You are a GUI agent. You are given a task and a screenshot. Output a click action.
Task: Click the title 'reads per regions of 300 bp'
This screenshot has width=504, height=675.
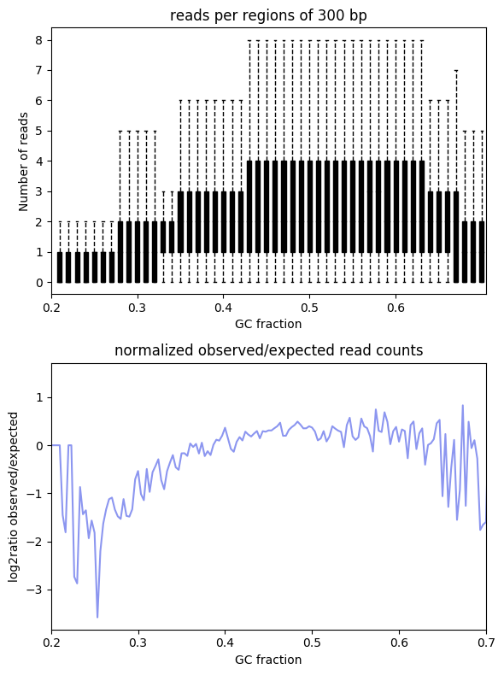pos(268,15)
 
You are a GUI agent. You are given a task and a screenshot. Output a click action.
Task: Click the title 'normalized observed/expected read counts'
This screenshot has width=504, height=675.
pos(268,350)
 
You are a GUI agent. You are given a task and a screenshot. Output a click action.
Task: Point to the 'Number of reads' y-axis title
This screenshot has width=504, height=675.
pos(23,161)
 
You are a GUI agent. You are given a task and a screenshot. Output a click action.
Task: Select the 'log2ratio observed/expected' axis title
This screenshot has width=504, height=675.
pos(14,496)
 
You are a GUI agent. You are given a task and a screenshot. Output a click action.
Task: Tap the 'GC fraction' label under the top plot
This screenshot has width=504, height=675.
pos(268,324)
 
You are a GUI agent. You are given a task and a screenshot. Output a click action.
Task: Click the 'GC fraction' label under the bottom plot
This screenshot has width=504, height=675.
pos(268,660)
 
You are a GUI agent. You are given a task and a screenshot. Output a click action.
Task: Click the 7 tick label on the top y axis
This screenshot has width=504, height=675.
pos(39,71)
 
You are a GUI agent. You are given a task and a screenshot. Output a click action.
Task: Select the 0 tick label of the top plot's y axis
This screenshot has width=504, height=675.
pos(39,283)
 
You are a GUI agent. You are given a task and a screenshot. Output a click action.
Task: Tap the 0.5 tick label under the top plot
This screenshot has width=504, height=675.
pos(309,308)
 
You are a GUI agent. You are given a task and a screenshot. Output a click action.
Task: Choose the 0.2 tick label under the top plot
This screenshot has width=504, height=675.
pos(51,308)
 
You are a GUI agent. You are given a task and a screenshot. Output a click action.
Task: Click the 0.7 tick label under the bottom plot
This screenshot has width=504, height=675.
pos(486,643)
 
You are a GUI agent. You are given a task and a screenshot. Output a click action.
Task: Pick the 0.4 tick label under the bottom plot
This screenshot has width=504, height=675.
pos(226,643)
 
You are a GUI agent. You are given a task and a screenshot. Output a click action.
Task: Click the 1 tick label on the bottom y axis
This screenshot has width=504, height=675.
pos(39,398)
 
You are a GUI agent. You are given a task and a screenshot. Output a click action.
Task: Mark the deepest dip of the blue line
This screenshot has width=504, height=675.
pos(97,617)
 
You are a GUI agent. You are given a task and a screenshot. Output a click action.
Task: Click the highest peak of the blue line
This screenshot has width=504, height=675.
pos(463,406)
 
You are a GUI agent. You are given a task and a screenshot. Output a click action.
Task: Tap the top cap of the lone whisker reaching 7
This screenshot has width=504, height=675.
pos(456,71)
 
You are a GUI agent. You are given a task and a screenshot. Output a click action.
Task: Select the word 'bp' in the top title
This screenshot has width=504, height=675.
pos(359,16)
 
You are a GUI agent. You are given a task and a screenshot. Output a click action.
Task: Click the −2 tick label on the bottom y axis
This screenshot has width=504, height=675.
pos(35,542)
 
